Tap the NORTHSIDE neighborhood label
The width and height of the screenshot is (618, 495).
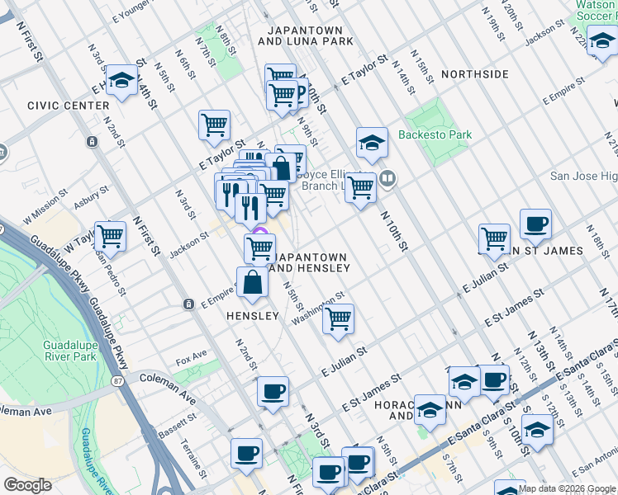(475, 74)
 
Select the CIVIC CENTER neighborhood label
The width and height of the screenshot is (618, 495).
(68, 106)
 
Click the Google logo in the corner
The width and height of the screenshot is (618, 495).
(27, 485)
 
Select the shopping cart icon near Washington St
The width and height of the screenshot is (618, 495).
(338, 318)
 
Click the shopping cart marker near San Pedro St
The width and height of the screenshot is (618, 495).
(110, 236)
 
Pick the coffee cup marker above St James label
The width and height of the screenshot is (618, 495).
(535, 223)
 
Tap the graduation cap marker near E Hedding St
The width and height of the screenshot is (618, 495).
(122, 79)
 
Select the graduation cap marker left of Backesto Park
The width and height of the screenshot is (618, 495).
(373, 142)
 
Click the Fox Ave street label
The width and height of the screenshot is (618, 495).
(190, 361)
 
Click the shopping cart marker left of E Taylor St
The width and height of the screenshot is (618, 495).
(214, 125)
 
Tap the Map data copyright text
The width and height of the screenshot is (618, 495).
(566, 488)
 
